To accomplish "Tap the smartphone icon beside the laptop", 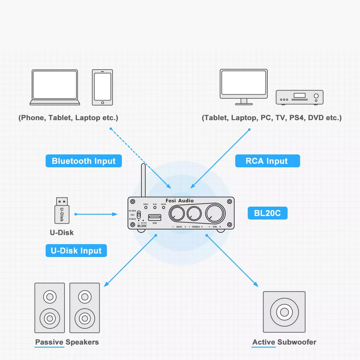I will pos(102,87).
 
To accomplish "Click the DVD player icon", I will pos(300,96).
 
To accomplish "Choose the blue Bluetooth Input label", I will pos(84,161).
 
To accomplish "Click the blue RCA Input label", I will pos(267,161).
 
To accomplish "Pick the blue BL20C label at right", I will pos(267,213).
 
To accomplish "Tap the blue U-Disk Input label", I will pos(76,251).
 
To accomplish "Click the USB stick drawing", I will pos(61,211).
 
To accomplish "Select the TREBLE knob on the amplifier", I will pos(194,213).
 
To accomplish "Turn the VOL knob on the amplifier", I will pos(215,213).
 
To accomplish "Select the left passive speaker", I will pos(49,308).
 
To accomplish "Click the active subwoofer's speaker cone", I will pos(284,311).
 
